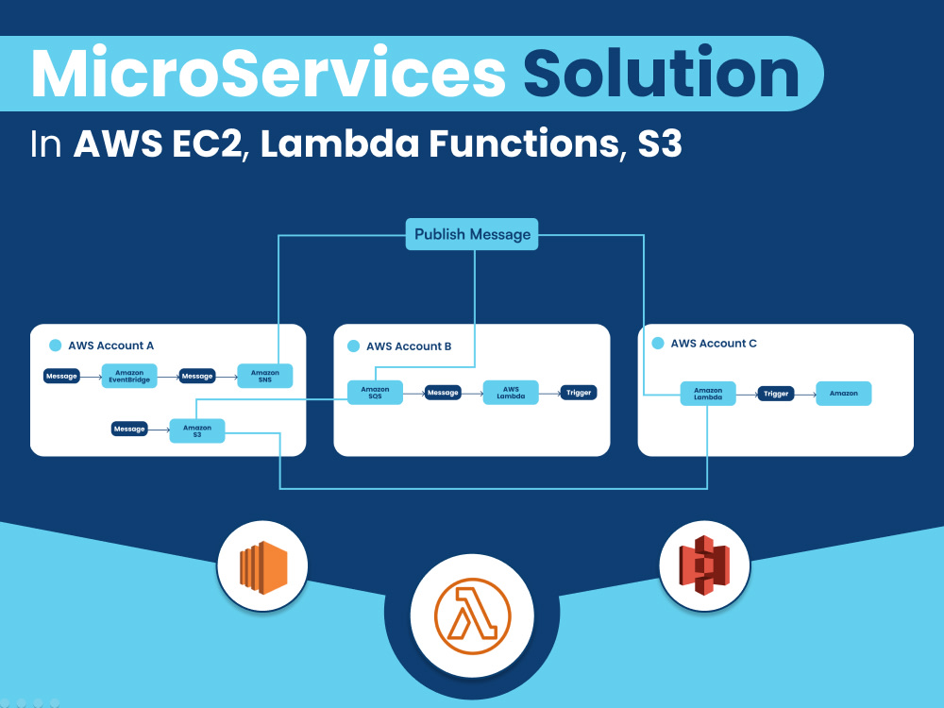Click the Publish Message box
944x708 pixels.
472,234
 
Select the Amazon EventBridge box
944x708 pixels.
129,376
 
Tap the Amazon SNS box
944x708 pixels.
265,376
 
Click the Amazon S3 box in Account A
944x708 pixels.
197,430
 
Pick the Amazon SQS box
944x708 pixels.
375,393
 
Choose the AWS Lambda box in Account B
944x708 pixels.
511,393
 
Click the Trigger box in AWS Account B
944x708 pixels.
579,393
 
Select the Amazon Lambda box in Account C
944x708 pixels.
708,394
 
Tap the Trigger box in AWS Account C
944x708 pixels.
776,394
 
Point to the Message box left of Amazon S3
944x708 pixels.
129,430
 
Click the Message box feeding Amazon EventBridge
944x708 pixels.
61,376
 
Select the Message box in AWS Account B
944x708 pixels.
443,393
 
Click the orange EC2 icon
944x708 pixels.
262,567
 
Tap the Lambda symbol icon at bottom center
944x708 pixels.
472,615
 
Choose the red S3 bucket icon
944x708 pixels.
704,565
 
